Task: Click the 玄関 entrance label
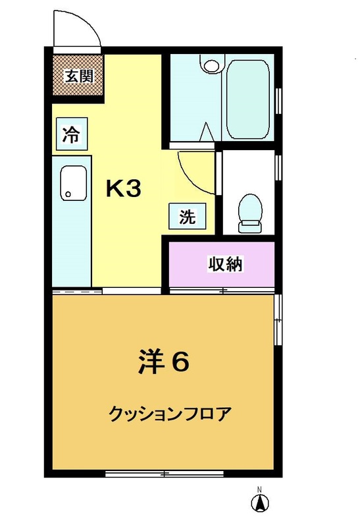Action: (x=79, y=76)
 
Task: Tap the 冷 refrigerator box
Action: (x=72, y=134)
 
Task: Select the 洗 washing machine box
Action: (x=188, y=216)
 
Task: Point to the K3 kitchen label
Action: (x=123, y=188)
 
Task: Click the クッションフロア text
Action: (x=170, y=414)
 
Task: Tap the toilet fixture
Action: (x=250, y=213)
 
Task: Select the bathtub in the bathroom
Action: (x=248, y=99)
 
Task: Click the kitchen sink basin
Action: (x=74, y=183)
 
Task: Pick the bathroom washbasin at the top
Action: (x=212, y=64)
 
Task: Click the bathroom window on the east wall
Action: (x=278, y=101)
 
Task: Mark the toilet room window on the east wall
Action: (x=278, y=167)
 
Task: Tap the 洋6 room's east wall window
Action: (x=278, y=320)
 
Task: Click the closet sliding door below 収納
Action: (x=222, y=290)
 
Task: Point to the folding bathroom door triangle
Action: (x=207, y=132)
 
